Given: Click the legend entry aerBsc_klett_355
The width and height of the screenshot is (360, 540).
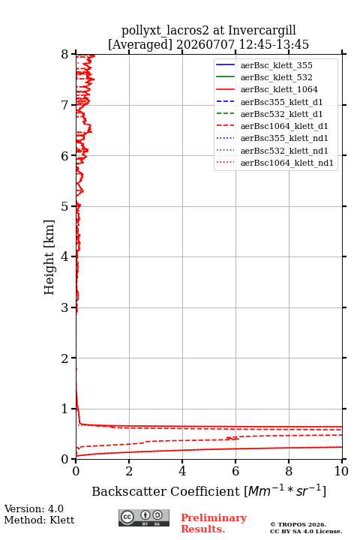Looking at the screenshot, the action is click(x=276, y=65).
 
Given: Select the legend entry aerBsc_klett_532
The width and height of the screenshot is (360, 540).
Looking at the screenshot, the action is click(x=276, y=77).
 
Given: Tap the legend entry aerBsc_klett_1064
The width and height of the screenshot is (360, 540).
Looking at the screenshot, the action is click(x=279, y=89).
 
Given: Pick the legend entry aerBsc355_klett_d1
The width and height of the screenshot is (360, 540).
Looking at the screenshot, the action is click(x=281, y=102).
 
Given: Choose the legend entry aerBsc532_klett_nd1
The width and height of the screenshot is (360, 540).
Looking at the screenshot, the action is click(x=284, y=151).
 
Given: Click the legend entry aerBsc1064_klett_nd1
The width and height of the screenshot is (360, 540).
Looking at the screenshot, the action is click(x=287, y=163).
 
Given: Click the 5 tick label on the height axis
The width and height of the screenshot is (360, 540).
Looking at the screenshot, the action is click(x=64, y=207).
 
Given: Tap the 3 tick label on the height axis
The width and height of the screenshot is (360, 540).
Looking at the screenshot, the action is click(x=64, y=307).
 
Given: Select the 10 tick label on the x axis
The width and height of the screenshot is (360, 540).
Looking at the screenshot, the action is click(x=341, y=471).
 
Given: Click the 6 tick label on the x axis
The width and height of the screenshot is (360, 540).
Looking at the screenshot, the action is click(x=235, y=471).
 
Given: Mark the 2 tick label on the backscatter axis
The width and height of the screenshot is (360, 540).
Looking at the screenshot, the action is click(x=129, y=471).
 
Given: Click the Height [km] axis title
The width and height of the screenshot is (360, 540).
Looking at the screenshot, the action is click(x=49, y=257).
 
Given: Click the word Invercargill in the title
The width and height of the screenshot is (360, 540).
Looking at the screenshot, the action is click(x=262, y=30).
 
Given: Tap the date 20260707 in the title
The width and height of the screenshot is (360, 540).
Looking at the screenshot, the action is click(x=205, y=44).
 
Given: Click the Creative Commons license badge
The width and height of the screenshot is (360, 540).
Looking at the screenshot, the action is click(x=144, y=518).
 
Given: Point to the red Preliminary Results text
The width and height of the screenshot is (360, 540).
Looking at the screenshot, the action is click(x=214, y=523).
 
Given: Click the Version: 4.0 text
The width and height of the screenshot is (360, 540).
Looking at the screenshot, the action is click(x=34, y=508).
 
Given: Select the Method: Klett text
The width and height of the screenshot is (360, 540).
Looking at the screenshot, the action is click(x=39, y=520).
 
